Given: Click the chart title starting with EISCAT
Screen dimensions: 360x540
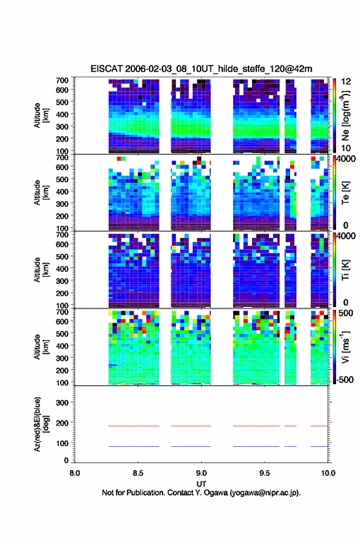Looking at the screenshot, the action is tap(201, 69).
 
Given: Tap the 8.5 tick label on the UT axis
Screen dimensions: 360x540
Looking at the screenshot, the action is tap(138, 473).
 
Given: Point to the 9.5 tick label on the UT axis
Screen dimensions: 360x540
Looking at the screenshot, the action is tap(265, 473).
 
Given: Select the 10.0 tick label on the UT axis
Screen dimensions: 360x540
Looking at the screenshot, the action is tap(328, 473).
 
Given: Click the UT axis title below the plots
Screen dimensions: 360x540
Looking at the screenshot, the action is tap(201, 484).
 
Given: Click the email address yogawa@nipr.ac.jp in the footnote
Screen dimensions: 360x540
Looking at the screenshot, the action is tap(264, 493).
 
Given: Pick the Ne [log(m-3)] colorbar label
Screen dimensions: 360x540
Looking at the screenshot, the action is tap(345, 115).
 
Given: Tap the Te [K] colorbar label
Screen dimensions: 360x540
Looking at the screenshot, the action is tap(345, 193).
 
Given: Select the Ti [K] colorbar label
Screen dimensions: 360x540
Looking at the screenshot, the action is tap(345, 269).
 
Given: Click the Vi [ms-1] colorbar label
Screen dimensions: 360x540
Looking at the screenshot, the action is tap(345, 347).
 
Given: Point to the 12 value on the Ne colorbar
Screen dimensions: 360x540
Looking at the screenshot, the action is tap(346, 82).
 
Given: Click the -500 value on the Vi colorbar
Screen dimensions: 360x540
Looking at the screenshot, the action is tap(344, 379).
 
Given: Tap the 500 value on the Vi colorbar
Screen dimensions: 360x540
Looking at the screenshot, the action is tap(346, 313).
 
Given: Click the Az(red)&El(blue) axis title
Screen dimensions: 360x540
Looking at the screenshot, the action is tap(40, 424).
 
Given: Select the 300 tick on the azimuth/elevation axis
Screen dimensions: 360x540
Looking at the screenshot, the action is tap(63, 403).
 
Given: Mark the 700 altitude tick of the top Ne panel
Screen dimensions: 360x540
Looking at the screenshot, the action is tap(63, 80).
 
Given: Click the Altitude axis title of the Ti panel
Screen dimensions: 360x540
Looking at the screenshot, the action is tap(40, 269).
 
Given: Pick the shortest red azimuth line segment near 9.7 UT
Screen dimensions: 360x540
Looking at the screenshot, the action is tap(291, 426).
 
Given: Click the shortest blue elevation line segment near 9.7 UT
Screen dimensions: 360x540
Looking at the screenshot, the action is tap(291, 446).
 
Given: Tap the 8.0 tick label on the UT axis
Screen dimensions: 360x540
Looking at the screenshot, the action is tap(75, 473).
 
